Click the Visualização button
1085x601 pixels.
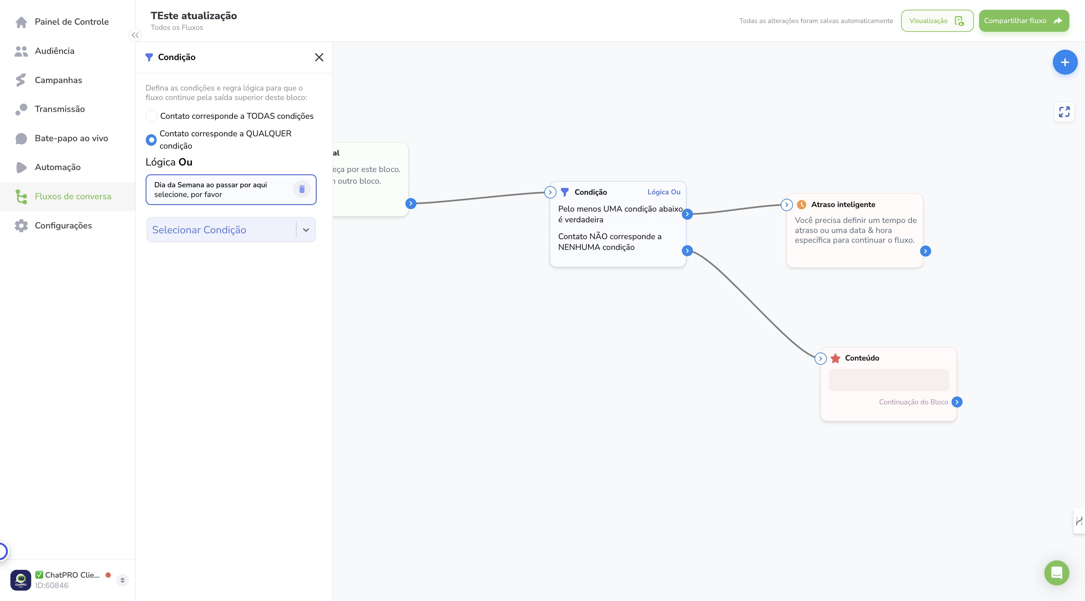pos(937,21)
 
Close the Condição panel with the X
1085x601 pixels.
pos(319,57)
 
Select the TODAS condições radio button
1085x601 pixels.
pos(151,116)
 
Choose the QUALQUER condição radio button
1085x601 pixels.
pos(151,140)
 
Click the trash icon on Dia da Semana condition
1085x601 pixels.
pos(301,190)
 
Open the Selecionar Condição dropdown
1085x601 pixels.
pos(231,230)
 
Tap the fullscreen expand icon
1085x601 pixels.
pos(1064,112)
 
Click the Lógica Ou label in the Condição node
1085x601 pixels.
pos(664,192)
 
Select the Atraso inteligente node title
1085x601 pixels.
pos(843,204)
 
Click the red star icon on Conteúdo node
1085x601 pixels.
pos(835,358)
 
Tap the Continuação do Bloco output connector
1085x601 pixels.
pos(957,402)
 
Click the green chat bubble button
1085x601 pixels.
pos(1056,573)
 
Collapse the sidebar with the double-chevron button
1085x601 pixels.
pos(135,35)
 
